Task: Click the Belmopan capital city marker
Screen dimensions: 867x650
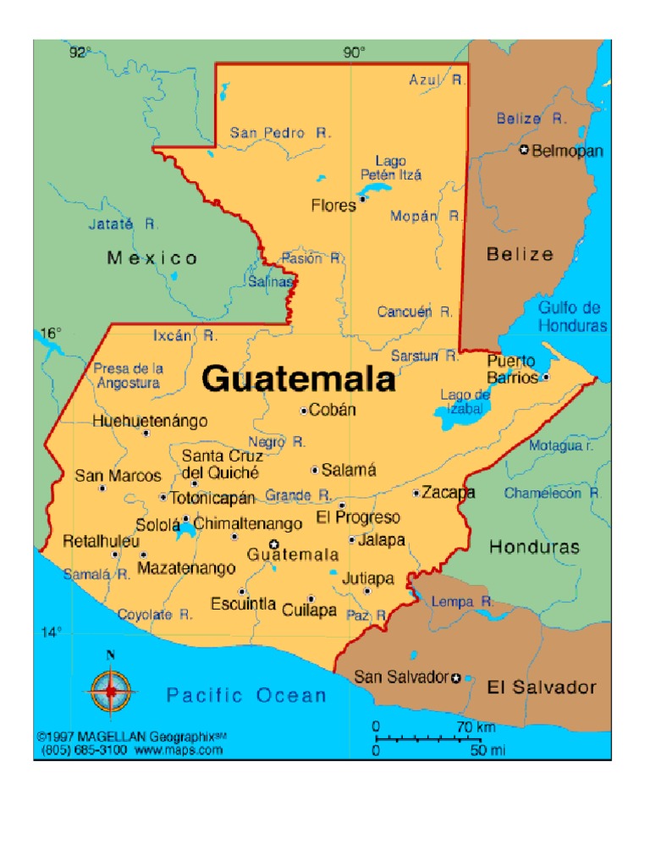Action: point(524,151)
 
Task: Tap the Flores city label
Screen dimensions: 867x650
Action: point(333,205)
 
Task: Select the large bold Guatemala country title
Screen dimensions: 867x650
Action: point(299,378)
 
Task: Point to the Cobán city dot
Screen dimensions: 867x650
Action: point(304,411)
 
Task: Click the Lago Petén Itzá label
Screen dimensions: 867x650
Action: point(391,168)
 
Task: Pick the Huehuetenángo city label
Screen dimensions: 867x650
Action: point(150,420)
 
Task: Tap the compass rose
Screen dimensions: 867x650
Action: point(110,690)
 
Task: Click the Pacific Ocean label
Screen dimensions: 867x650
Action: point(246,696)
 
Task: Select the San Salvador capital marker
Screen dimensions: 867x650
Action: point(456,677)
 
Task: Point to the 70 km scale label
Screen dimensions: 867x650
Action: point(476,726)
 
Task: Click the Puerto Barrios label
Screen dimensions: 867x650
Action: point(512,369)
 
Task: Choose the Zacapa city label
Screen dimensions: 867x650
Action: point(449,492)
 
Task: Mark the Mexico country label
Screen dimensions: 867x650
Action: point(152,257)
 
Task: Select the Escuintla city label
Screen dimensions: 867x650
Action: point(244,604)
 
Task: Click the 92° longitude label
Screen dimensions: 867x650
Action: point(80,52)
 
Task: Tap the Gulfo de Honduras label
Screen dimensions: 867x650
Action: point(572,317)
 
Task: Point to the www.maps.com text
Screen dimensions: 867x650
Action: point(178,750)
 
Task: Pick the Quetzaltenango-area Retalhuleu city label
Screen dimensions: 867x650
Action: point(90,541)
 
